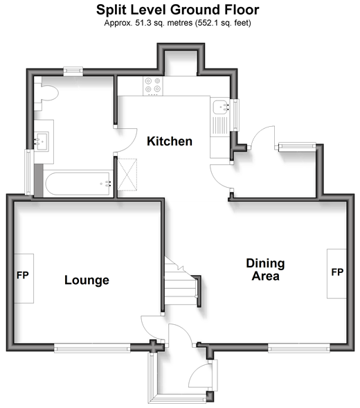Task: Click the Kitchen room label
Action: coord(170,141)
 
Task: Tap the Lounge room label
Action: coord(87,280)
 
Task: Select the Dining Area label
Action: coord(265,269)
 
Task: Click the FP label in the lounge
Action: coord(23,275)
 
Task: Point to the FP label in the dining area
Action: coord(337,272)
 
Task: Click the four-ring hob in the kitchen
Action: coord(153,86)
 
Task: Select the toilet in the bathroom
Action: coord(47,93)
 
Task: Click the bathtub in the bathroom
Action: coord(78,184)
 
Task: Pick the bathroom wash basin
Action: coord(42,142)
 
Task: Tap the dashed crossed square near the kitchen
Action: coord(127,175)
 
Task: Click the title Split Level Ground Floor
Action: coord(178,10)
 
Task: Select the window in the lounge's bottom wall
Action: coord(92,348)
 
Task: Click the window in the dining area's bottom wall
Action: coord(299,348)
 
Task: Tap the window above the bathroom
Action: coord(73,71)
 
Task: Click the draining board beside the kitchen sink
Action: coord(220,125)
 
